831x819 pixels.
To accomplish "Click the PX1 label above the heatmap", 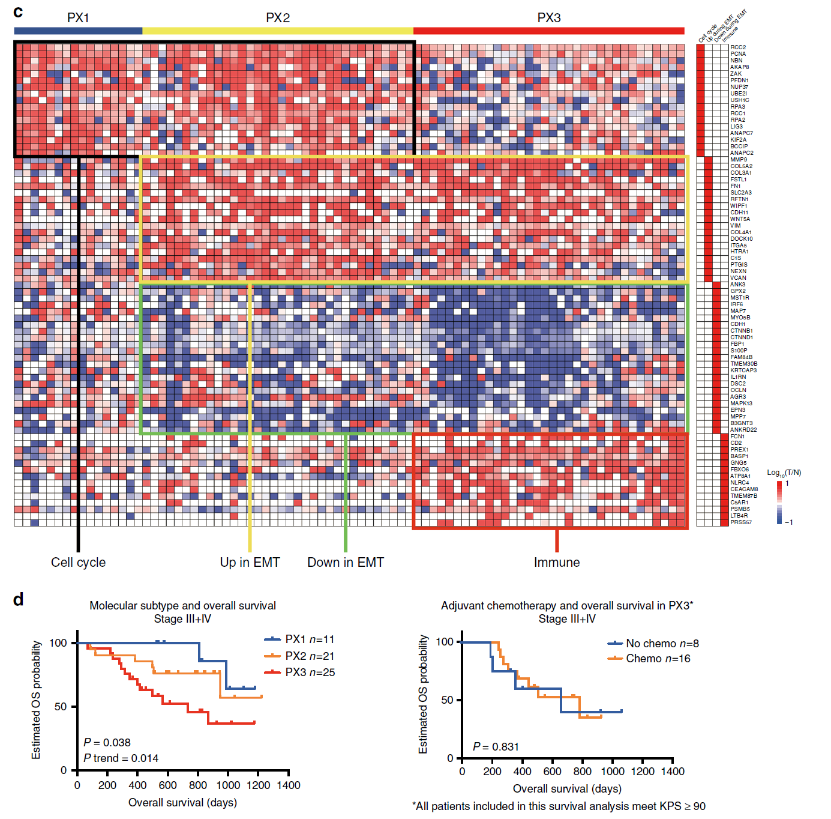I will tap(78, 18).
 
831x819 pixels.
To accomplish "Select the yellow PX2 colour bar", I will tap(278, 31).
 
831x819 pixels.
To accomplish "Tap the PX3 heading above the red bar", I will tap(548, 18).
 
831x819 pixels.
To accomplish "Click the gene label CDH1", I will tap(737, 324).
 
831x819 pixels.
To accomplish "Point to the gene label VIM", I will tap(735, 226).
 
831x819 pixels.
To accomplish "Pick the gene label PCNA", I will tap(738, 54).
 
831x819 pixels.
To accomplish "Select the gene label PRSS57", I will tap(740, 522).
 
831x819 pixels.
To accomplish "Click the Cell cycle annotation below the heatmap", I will tap(78, 563).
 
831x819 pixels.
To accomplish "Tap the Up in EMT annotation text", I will tap(250, 563).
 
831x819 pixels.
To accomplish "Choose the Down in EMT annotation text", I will tap(345, 563).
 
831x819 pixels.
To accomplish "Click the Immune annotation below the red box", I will tap(557, 563).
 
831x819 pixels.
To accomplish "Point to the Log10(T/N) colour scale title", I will tap(784, 473).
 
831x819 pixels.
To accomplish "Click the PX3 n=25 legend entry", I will tap(309, 672).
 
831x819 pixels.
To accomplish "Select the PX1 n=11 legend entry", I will tap(309, 639).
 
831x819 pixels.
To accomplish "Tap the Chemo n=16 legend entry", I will tap(658, 659).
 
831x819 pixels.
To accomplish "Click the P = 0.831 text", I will tap(496, 747).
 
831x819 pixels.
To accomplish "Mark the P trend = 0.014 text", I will tap(121, 758).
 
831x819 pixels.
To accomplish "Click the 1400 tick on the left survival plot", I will tap(289, 785).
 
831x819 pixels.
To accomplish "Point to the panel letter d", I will tap(19, 600).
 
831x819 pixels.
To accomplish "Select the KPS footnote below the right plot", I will tap(559, 806).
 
